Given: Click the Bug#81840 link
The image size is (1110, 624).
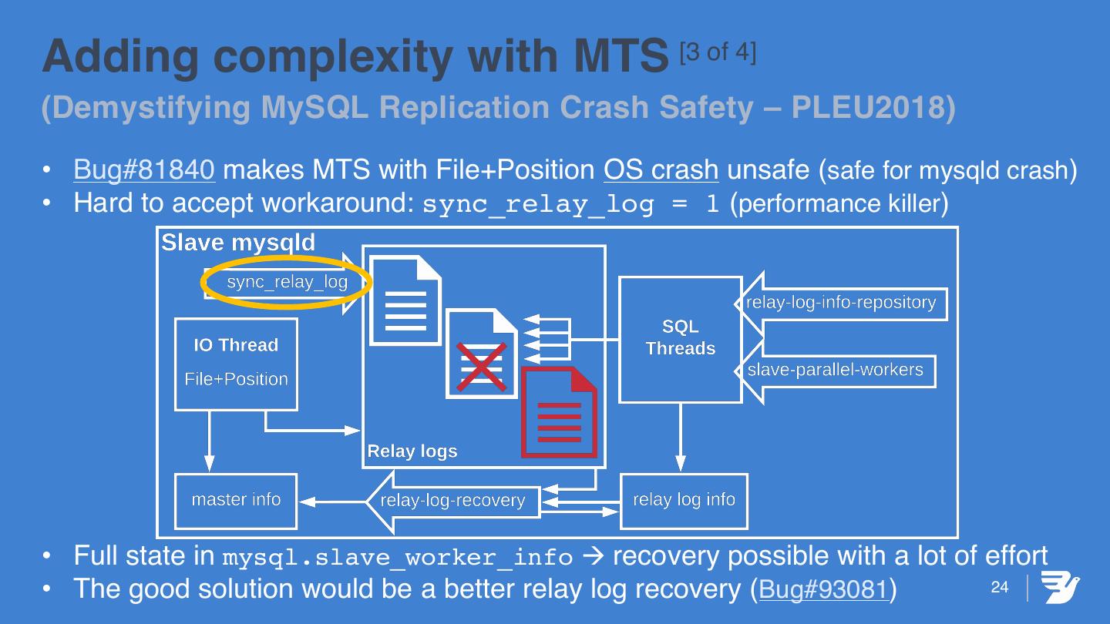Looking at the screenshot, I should [143, 169].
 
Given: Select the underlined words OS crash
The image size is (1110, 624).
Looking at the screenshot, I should [661, 169].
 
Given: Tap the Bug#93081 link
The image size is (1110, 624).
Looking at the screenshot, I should [823, 589].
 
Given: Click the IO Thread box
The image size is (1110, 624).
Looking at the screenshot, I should [236, 363].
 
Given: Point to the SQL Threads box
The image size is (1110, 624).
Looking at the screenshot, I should [680, 338].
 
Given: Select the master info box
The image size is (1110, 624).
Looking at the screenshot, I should [236, 500].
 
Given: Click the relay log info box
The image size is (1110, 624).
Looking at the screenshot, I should [684, 500].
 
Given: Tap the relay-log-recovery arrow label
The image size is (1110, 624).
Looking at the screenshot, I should [452, 502].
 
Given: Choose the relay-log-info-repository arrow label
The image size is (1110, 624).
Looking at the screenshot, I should [841, 303].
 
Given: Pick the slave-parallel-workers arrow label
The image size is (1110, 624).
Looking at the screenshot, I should [835, 370].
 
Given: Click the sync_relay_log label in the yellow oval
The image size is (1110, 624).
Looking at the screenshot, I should [287, 283].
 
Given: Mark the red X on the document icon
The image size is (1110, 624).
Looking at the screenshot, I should [481, 367].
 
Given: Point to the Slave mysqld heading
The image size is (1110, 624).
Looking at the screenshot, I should [238, 243].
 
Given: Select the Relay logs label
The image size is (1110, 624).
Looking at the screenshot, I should [412, 451].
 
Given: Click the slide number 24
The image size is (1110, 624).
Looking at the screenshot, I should [999, 588].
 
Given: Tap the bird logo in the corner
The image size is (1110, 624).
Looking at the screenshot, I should [1061, 588].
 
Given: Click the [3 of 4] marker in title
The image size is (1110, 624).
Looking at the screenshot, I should [718, 52].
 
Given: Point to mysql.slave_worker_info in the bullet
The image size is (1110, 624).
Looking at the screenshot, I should [397, 557].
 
